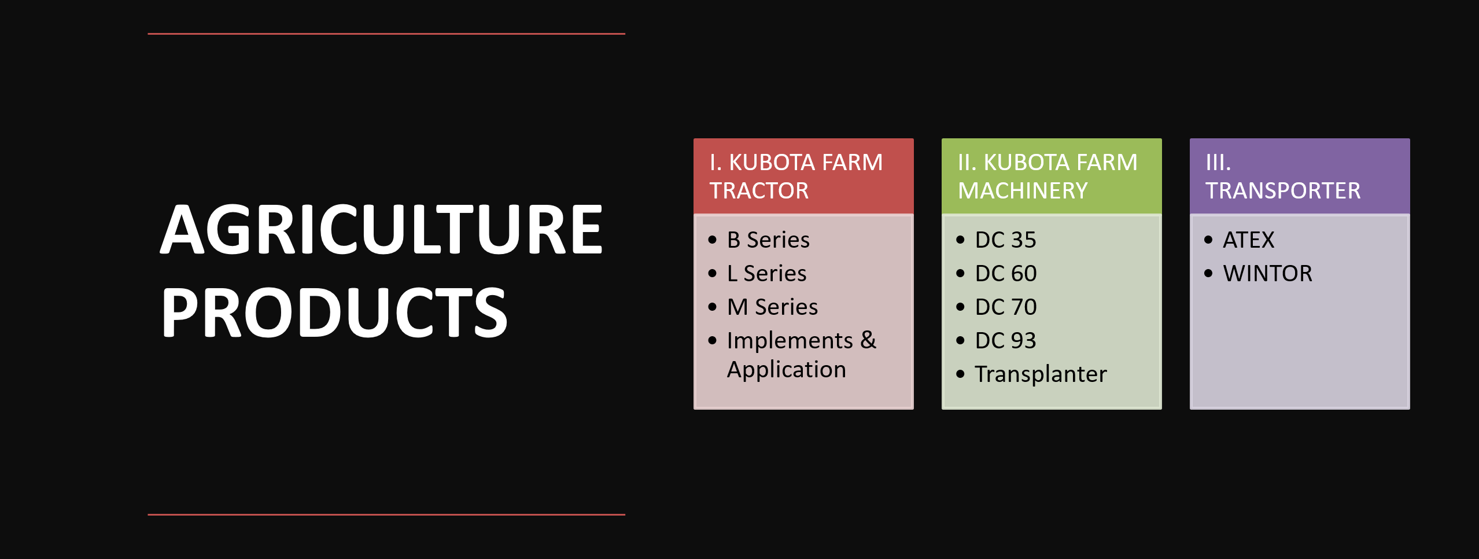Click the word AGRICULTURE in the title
382,229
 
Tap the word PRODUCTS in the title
334,312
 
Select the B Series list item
768,240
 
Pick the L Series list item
766,273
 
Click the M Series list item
772,307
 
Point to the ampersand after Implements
868,340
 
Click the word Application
787,370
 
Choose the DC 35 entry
1005,240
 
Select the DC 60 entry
1006,273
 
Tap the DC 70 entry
1006,307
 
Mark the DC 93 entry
1005,340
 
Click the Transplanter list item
1041,374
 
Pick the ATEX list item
1248,240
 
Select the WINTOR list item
1267,273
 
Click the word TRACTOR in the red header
759,190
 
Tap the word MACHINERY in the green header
1023,190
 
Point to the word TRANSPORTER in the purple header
1283,190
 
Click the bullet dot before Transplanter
961,374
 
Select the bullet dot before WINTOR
1208,273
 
